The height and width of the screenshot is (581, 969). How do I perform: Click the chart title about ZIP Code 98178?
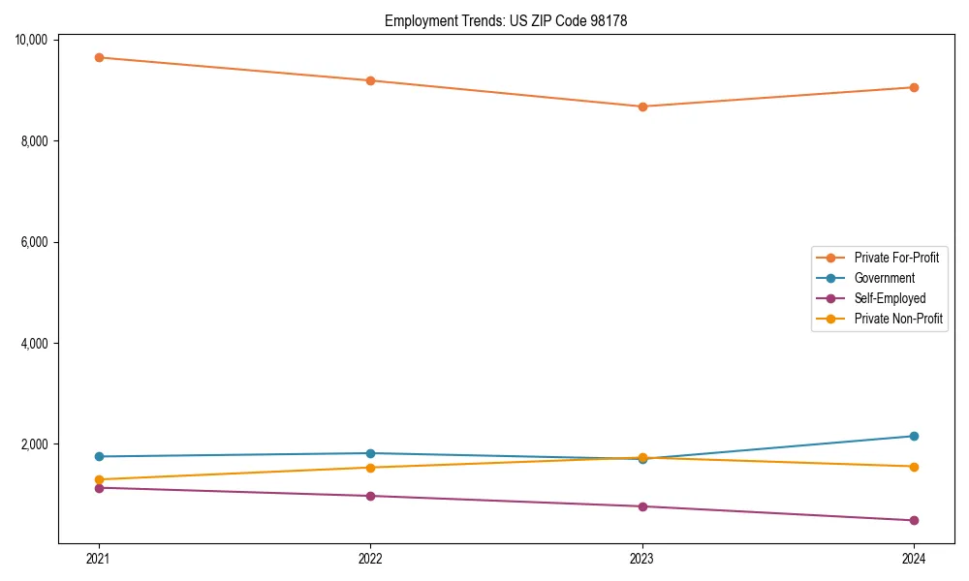[x=506, y=20]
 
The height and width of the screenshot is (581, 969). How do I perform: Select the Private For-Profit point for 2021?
[x=99, y=57]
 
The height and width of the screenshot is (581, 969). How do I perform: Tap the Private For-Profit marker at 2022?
[x=370, y=80]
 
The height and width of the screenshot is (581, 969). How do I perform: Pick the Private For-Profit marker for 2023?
[x=642, y=107]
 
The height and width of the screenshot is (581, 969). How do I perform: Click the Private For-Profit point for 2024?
[x=914, y=87]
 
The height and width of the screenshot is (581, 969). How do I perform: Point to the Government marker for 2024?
[x=914, y=436]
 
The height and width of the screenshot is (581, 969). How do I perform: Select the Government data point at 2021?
[x=99, y=456]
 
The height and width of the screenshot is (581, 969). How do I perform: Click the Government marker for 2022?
[x=370, y=453]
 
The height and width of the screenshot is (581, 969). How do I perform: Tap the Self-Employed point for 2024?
[x=914, y=520]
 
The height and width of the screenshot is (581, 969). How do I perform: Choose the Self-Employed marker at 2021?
[x=99, y=487]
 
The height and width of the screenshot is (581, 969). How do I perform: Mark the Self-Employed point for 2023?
[x=642, y=506]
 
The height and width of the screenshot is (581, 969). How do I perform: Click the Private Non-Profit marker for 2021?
[x=99, y=479]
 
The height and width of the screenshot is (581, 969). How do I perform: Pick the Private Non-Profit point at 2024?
[x=914, y=467]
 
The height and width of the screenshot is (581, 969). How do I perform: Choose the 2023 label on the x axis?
[x=642, y=558]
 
